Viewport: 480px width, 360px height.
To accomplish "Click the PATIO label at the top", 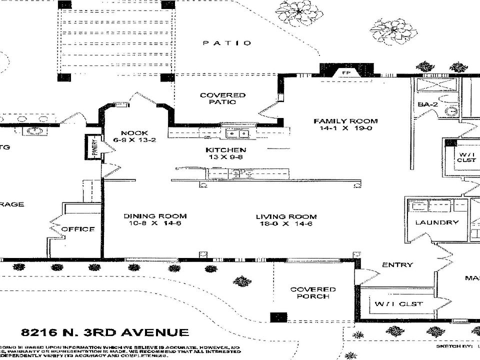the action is (227, 43).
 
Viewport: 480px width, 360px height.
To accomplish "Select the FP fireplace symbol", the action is (345, 73).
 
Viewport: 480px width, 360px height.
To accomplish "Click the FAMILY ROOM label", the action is (345, 121).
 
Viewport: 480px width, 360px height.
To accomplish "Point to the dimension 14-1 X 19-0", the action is (345, 128).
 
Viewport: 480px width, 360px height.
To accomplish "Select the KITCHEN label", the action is (225, 150).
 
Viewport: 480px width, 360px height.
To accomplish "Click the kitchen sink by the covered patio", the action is (237, 133).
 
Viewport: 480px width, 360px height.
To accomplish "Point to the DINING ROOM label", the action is (155, 216).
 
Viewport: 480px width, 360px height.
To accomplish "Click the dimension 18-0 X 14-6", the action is (286, 224).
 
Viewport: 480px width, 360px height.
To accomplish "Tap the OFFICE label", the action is (78, 229).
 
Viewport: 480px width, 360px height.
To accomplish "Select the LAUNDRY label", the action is (436, 222).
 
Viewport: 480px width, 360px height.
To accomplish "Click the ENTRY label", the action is (397, 265).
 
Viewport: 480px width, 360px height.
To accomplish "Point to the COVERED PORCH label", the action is (313, 292).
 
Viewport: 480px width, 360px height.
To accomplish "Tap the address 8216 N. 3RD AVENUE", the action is (105, 332).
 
